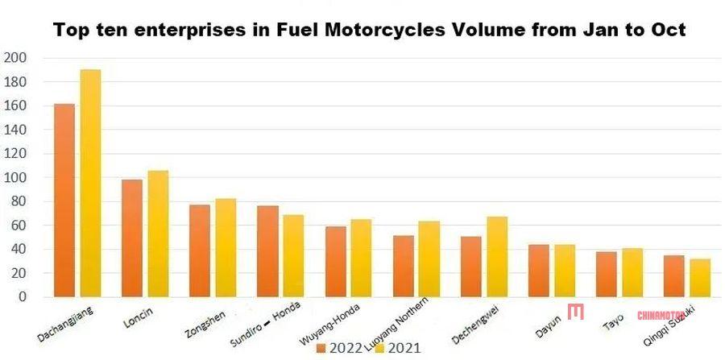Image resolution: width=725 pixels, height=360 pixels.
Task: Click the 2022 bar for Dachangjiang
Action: [x=64, y=201]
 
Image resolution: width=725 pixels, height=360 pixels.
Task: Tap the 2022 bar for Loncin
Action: [x=131, y=238]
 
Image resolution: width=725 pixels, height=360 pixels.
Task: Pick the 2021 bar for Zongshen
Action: [x=226, y=248]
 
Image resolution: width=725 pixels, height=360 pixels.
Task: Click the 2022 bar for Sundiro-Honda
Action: [x=267, y=251]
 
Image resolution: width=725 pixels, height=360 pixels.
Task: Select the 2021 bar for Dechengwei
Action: [x=497, y=257]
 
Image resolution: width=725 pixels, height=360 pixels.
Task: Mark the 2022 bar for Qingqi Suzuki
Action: [x=674, y=276]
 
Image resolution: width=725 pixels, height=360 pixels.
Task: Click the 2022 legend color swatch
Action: [x=321, y=349]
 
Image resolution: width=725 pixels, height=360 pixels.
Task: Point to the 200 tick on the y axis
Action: [x=15, y=58]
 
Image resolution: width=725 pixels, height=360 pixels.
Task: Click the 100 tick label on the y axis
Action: [x=15, y=177]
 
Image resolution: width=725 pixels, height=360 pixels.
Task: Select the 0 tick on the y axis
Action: [x=22, y=297]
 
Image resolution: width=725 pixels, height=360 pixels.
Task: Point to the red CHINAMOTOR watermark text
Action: [x=661, y=316]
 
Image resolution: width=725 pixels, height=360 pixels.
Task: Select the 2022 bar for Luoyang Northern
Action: [x=403, y=267]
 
